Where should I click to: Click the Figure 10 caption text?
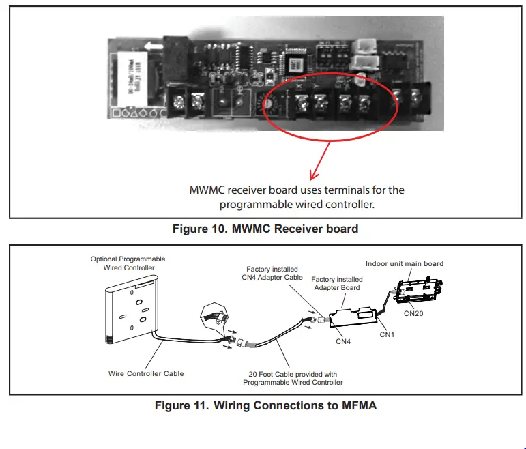pyautogui.click(x=265, y=229)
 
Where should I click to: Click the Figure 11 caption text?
pyautogui.click(x=265, y=405)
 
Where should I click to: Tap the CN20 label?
pyautogui.click(x=414, y=314)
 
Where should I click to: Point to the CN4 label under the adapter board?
pyautogui.click(x=344, y=341)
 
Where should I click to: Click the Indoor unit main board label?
pyautogui.click(x=404, y=263)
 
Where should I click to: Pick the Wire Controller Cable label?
pyautogui.click(x=146, y=373)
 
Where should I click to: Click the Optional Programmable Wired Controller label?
pyautogui.click(x=128, y=263)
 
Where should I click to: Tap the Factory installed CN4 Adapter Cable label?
pyautogui.click(x=272, y=274)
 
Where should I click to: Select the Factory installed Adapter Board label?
pyautogui.click(x=339, y=284)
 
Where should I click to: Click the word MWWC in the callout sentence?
pyautogui.click(x=208, y=190)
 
